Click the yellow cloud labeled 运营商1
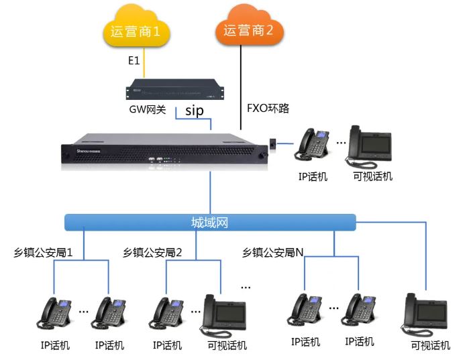[x=134, y=31]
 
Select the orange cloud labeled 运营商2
[x=248, y=30]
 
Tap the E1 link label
[x=134, y=61]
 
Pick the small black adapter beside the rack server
[x=274, y=143]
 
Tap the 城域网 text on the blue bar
[x=209, y=222]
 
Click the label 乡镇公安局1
[x=43, y=253]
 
